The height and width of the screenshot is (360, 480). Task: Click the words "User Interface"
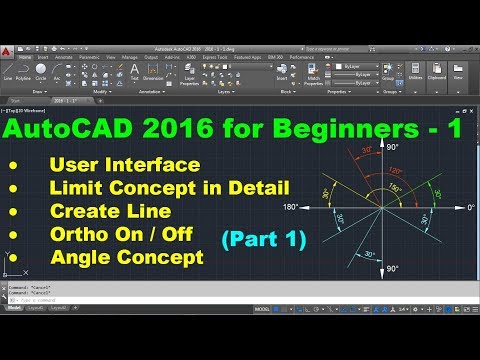click(x=124, y=164)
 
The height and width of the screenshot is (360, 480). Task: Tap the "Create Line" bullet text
click(x=112, y=211)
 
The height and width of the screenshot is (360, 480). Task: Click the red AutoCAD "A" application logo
click(x=10, y=49)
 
